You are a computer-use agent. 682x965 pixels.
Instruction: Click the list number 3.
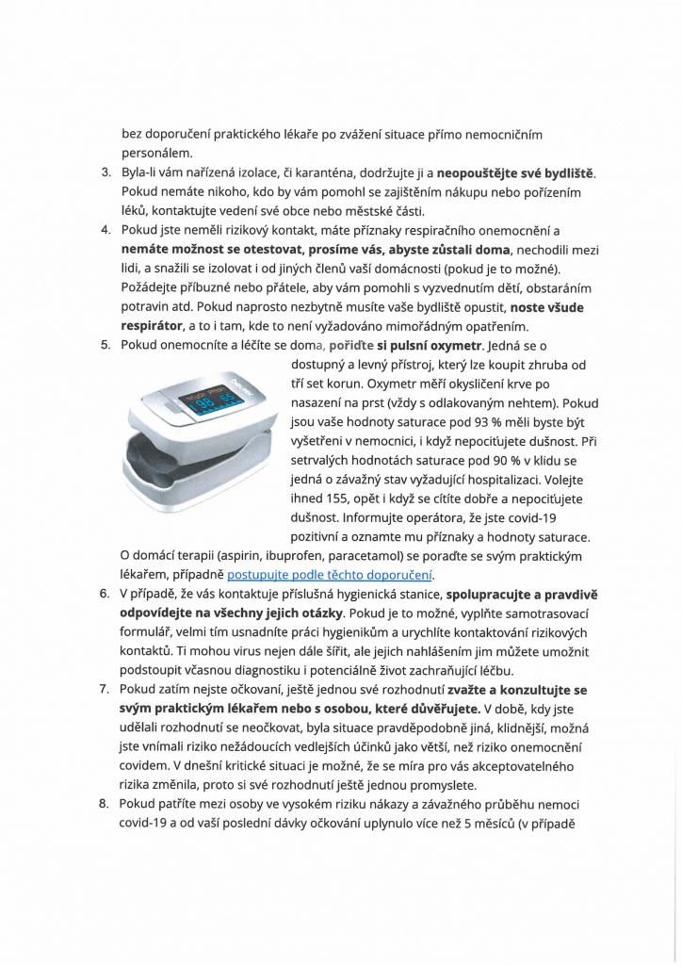pyautogui.click(x=105, y=174)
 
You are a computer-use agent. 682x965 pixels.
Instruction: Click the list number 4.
pyautogui.click(x=105, y=230)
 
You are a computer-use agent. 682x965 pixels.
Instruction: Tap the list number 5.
pyautogui.click(x=105, y=345)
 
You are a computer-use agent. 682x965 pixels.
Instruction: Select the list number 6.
pyautogui.click(x=105, y=595)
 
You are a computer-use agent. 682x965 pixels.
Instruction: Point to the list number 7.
pyautogui.click(x=105, y=691)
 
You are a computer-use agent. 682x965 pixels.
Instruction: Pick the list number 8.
pyautogui.click(x=105, y=805)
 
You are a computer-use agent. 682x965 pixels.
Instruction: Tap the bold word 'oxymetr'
pyautogui.click(x=454, y=345)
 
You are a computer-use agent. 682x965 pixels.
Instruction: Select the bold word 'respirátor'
pyautogui.click(x=155, y=326)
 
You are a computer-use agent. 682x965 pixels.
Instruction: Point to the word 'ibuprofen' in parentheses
pyautogui.click(x=284, y=556)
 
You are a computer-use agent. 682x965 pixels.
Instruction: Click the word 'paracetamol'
pyautogui.click(x=358, y=556)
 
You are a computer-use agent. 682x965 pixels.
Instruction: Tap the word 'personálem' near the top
pyautogui.click(x=156, y=153)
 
